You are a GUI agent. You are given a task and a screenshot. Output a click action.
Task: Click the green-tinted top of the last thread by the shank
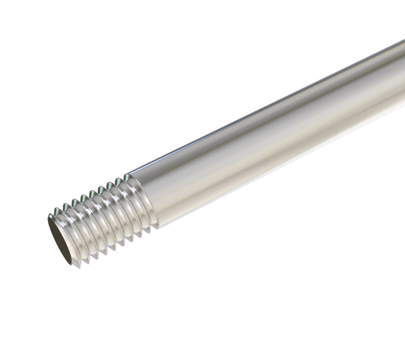coord(127,177)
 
